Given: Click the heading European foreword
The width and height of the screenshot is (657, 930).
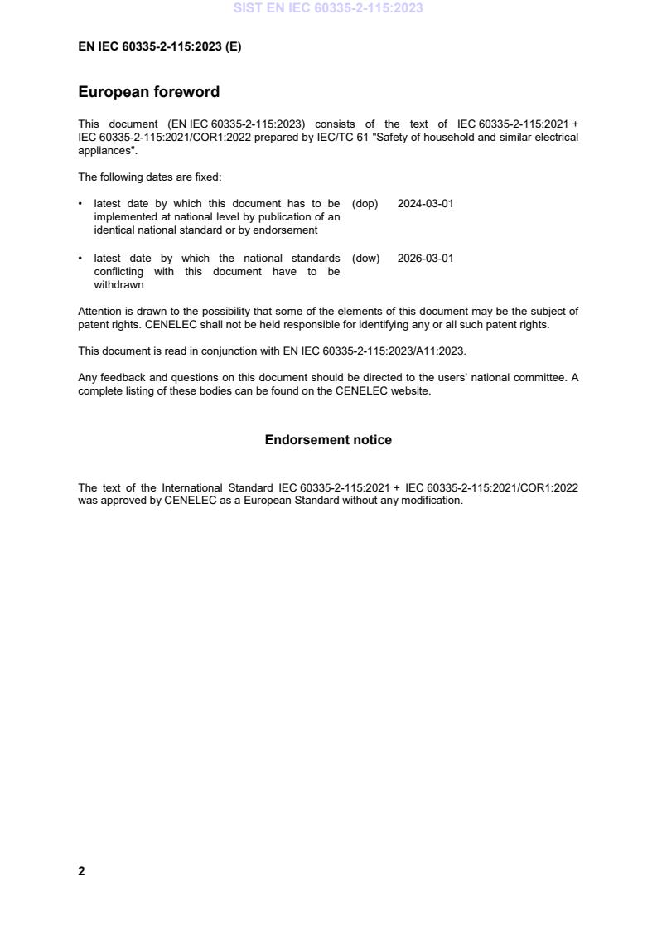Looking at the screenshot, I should (x=148, y=92).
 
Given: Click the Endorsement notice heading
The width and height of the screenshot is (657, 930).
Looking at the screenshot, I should (x=328, y=440).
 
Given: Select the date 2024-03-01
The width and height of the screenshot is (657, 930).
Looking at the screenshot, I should (x=425, y=204).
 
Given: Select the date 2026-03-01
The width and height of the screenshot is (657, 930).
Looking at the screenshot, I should (x=425, y=259).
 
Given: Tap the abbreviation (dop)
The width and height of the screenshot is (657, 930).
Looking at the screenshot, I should (x=365, y=204).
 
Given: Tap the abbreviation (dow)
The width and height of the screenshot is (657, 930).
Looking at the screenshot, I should (x=365, y=259).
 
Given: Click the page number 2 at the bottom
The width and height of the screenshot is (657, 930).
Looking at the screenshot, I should (x=81, y=871).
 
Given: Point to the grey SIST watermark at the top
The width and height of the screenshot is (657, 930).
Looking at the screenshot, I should (x=328, y=8).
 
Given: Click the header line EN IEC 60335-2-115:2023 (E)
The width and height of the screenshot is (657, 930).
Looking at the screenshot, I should (x=159, y=47).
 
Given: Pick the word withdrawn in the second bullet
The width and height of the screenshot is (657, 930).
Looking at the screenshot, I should (x=118, y=285).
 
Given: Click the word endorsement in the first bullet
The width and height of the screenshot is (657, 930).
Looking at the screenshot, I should (x=287, y=230).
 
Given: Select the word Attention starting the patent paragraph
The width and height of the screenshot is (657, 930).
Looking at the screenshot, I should (x=100, y=312).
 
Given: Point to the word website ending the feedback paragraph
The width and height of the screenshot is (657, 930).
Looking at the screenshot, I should (x=410, y=391).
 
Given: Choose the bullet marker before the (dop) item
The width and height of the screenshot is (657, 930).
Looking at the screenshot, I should (x=80, y=204).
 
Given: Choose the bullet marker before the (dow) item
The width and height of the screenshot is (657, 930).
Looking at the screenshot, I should (x=80, y=259).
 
